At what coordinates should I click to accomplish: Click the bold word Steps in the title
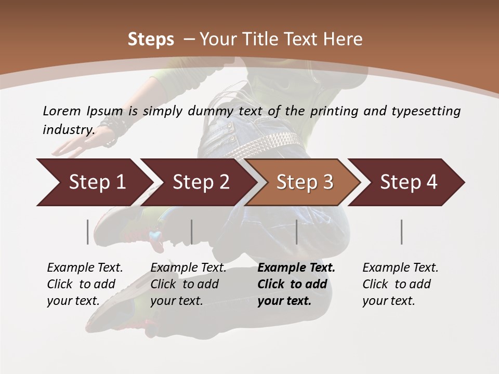coord(151,39)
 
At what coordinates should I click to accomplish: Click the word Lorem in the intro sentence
coord(62,111)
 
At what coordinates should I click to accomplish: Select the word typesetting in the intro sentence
coord(426,111)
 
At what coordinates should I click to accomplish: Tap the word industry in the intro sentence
coord(68,129)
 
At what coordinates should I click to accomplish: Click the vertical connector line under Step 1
coord(88,232)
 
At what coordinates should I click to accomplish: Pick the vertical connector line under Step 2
coord(192,232)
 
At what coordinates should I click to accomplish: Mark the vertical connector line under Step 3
coord(296,232)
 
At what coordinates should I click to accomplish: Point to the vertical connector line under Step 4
coord(402,232)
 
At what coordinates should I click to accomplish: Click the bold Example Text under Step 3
coord(296,268)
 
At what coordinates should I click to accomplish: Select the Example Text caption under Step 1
coord(85,268)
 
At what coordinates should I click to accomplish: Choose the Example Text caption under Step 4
coord(400,268)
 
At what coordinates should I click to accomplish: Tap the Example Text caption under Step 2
coord(188,268)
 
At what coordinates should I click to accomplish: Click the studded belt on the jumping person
coord(265,144)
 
